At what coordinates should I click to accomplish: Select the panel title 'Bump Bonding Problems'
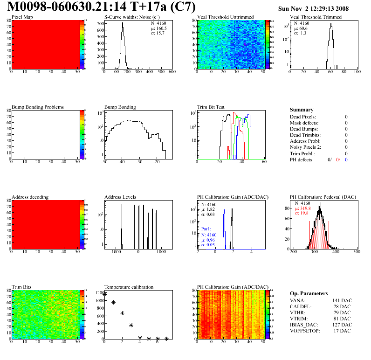(38, 107)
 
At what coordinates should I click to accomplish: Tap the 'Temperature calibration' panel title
(129, 287)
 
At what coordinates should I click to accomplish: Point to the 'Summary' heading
(302, 110)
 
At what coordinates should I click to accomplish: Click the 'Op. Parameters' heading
(309, 293)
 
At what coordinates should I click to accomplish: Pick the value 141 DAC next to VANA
(342, 300)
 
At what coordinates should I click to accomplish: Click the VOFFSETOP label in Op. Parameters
(305, 331)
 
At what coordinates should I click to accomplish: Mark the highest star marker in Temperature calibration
(105, 294)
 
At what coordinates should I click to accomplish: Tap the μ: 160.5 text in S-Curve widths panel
(158, 28)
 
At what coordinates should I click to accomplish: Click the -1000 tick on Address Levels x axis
(115, 251)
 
